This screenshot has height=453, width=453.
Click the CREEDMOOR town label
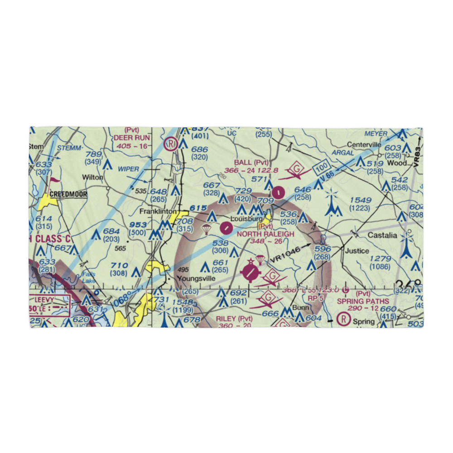pyautogui.click(x=68, y=194)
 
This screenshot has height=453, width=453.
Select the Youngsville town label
pyautogui.click(x=196, y=279)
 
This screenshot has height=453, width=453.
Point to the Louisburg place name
pyautogui.click(x=246, y=219)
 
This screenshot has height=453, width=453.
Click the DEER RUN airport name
pyautogui.click(x=131, y=137)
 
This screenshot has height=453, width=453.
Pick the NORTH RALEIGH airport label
pyautogui.click(x=265, y=234)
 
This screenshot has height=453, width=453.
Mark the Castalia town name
pyautogui.click(x=382, y=236)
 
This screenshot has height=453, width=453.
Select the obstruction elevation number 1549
pyautogui.click(x=361, y=200)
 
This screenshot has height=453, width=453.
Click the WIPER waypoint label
pyautogui.click(x=128, y=169)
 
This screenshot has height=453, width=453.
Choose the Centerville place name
pyautogui.click(x=364, y=145)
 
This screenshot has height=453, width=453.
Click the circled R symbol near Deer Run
pyautogui.click(x=171, y=144)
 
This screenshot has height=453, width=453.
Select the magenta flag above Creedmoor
pyautogui.click(x=54, y=180)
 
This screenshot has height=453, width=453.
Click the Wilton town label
pyautogui.click(x=92, y=177)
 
